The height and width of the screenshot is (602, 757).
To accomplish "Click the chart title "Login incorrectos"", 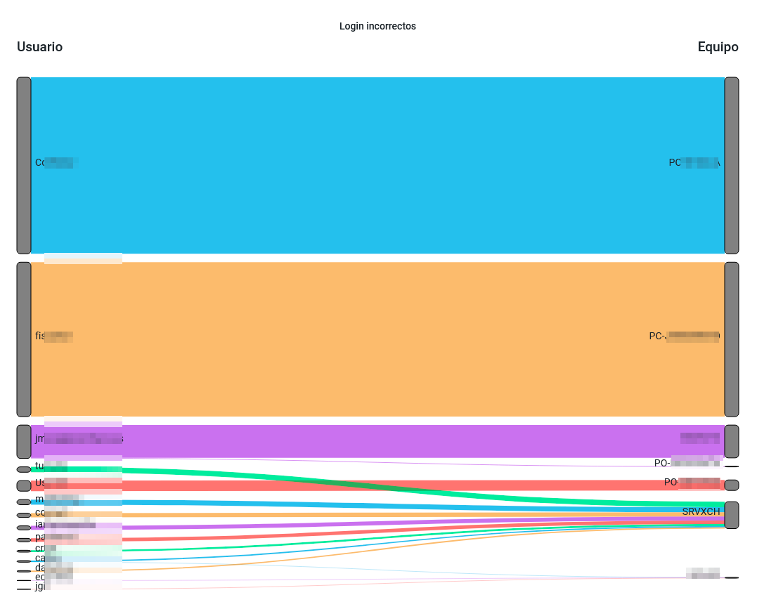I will tap(377, 27).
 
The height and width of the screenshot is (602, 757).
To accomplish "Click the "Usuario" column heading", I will tap(39, 47).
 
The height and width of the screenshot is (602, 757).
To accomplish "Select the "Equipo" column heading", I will tap(718, 47).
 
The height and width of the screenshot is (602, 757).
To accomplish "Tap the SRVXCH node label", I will tap(701, 511).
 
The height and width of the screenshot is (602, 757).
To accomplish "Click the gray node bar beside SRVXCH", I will tap(732, 515).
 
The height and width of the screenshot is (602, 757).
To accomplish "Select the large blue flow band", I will tap(377, 165).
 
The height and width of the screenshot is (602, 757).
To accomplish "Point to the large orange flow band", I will tap(377, 339).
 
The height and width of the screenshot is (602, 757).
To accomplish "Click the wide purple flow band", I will tap(377, 441).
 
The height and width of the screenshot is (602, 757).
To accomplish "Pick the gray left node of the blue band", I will tap(24, 165).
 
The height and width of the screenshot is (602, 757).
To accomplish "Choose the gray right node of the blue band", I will tap(732, 165).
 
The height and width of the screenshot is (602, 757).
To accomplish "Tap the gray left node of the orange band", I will tap(24, 339).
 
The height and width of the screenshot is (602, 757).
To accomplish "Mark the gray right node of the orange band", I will tap(732, 339).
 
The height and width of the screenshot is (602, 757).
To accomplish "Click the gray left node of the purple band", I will tap(24, 441).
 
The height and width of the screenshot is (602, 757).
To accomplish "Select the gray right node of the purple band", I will tap(732, 441).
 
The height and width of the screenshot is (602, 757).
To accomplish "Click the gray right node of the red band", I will tap(732, 485).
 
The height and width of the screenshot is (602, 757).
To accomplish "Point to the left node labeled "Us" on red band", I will tap(24, 485).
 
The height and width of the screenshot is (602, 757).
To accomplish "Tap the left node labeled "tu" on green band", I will tap(24, 469).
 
